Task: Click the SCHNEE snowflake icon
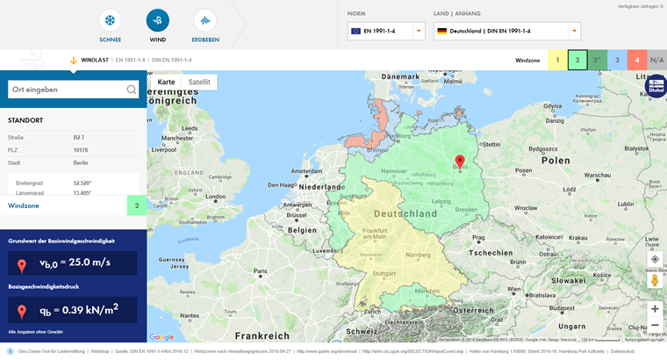click(x=111, y=20)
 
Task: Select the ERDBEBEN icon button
click(x=205, y=20)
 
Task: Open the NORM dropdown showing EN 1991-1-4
click(x=386, y=31)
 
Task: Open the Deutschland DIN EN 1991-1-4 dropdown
click(x=506, y=31)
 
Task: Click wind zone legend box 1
click(x=556, y=61)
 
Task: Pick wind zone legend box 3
click(x=617, y=61)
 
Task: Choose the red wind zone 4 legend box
click(x=637, y=61)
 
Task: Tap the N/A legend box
click(x=657, y=61)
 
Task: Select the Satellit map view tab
click(x=199, y=82)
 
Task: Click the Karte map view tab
click(x=166, y=82)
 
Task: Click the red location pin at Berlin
click(x=459, y=162)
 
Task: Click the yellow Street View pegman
click(x=655, y=280)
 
